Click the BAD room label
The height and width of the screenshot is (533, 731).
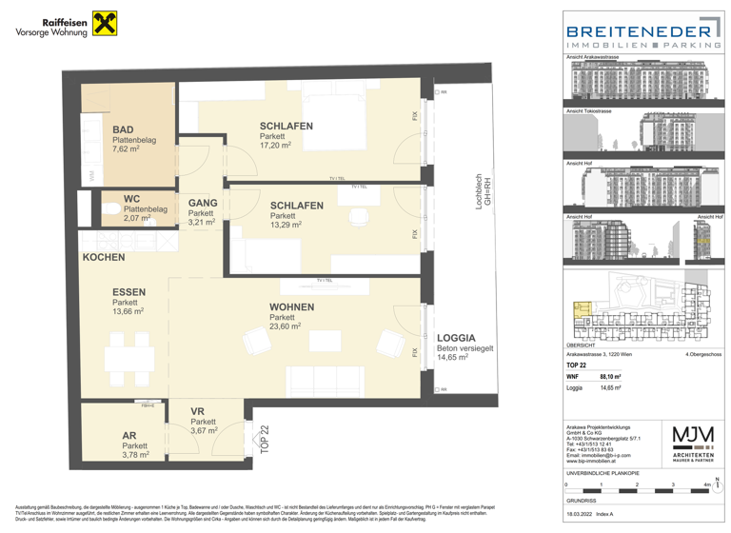(x=123, y=130)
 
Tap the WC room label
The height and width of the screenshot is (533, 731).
(x=131, y=199)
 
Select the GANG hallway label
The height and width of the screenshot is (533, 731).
(x=203, y=203)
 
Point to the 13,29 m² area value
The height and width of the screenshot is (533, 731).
(x=286, y=226)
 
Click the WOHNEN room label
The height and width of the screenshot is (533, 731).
(x=291, y=307)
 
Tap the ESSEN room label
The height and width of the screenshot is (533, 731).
(x=128, y=292)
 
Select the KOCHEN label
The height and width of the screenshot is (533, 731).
(x=103, y=258)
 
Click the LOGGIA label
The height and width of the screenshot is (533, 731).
(x=456, y=339)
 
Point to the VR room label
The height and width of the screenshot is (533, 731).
(x=197, y=411)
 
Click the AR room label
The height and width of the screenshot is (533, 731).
(x=129, y=436)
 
